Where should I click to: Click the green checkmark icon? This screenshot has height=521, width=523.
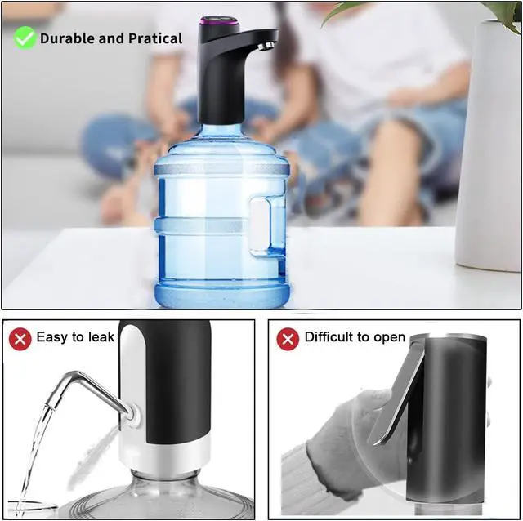[x=25, y=38]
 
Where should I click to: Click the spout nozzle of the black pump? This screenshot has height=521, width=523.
[x=264, y=46]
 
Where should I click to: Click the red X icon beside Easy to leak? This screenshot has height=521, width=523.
[x=20, y=338]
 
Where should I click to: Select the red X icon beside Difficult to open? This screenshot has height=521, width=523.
[x=288, y=338]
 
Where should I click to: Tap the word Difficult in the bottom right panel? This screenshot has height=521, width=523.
[x=330, y=337]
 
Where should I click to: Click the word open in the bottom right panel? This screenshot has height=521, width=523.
[x=389, y=337]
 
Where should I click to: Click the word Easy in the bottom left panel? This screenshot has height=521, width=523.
[x=52, y=337]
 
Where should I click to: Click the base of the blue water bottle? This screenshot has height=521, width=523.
[x=221, y=292]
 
